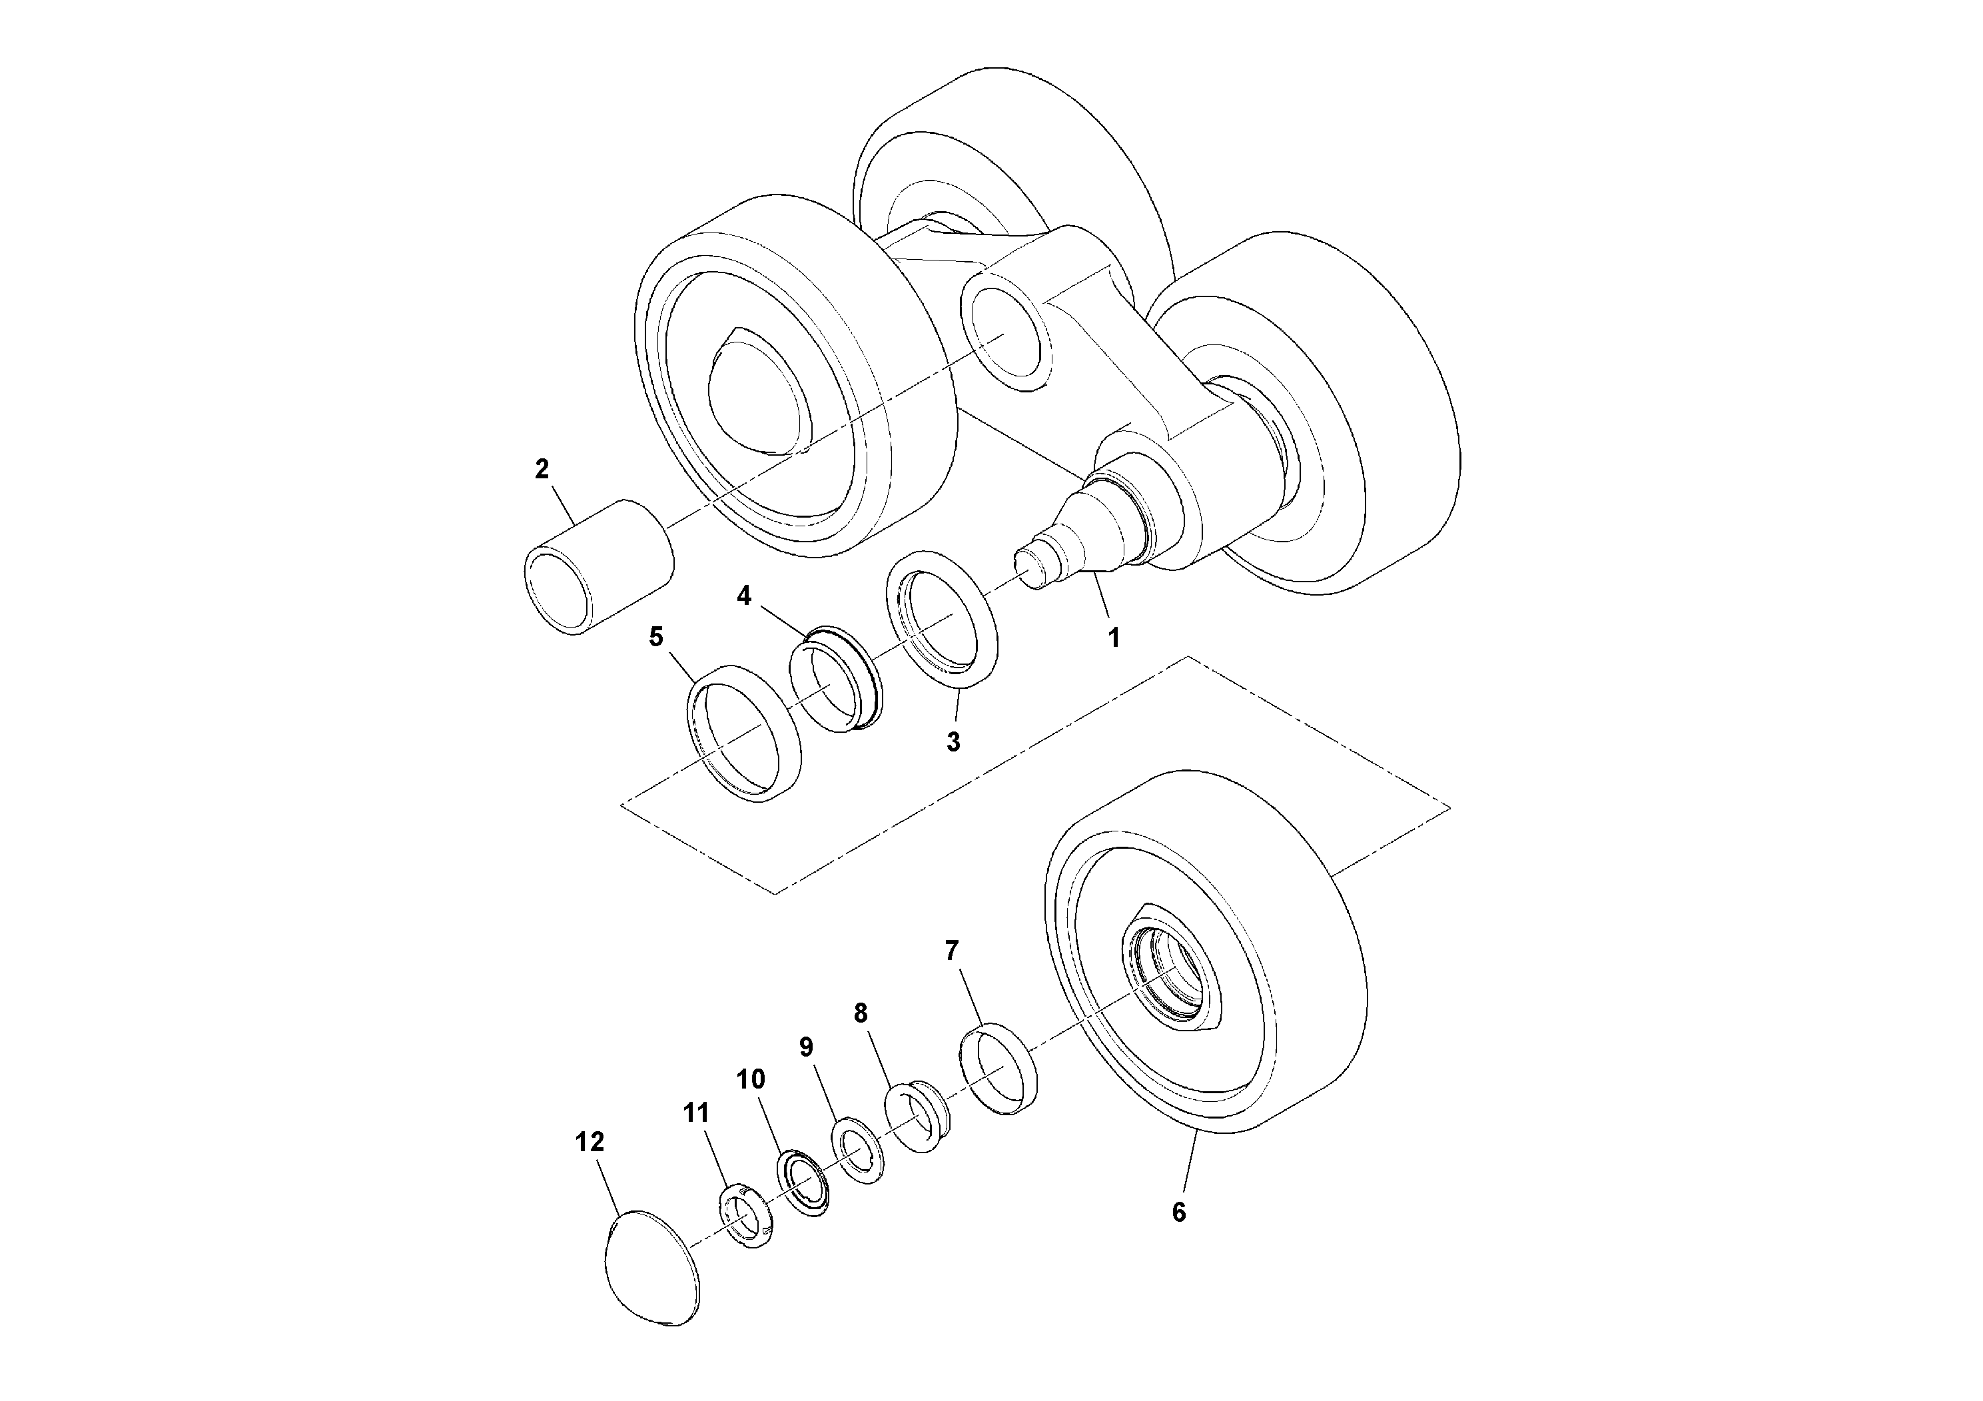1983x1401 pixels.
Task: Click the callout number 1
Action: [x=1113, y=638]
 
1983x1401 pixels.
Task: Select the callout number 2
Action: [x=542, y=469]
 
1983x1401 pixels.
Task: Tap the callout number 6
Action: [x=1179, y=1212]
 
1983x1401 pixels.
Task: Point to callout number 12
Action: [x=590, y=1142]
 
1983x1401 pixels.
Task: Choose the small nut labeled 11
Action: [x=745, y=1218]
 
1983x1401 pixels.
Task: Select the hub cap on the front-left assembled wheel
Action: [x=760, y=388]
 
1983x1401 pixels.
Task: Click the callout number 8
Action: [x=860, y=1013]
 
